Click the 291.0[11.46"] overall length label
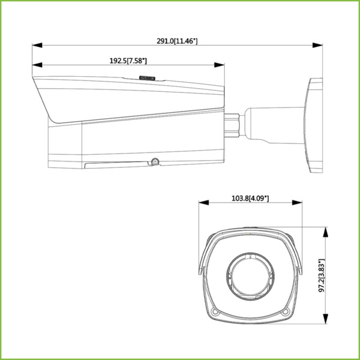coord(177,41)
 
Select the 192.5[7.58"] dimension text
coord(128,61)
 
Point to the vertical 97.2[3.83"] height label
coord(322,276)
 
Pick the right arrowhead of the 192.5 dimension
coord(221,65)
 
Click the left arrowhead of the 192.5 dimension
coord(36,65)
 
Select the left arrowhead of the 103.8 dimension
coord(202,202)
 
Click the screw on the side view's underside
coord(154,161)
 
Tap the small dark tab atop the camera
coord(147,77)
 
